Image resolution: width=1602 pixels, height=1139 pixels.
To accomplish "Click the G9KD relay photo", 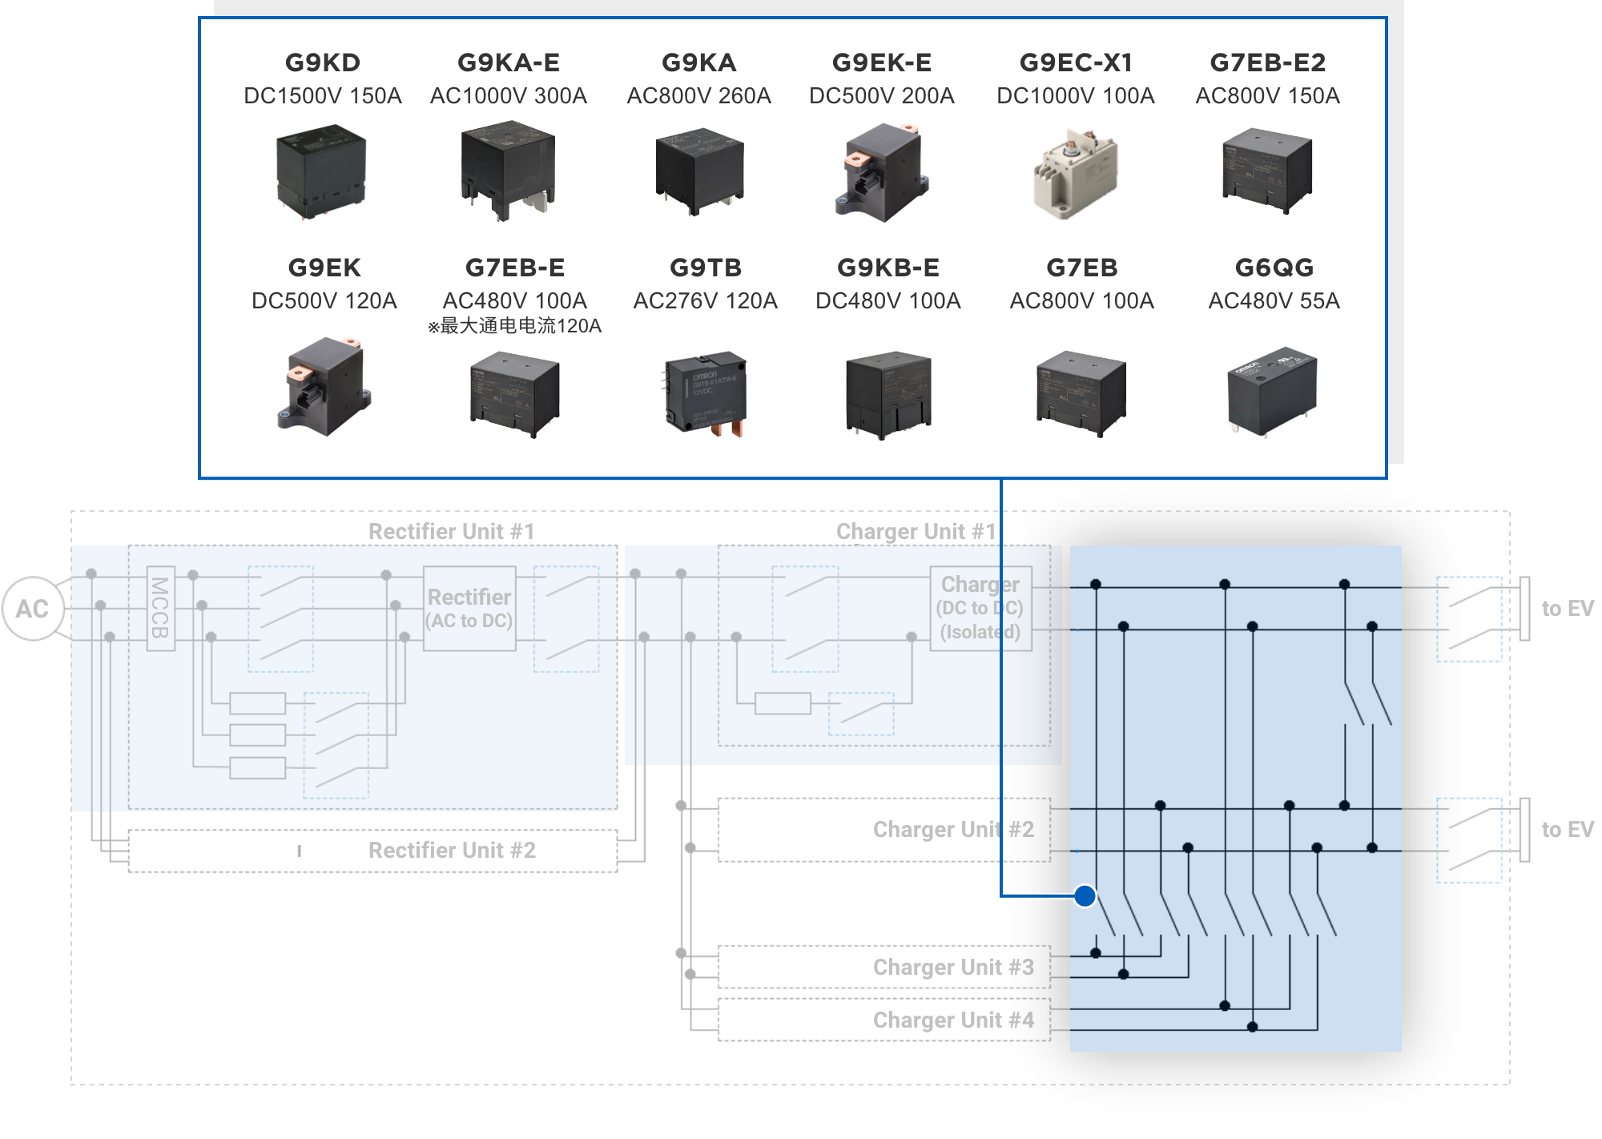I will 321,171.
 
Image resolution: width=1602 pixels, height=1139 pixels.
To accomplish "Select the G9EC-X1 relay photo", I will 1075,173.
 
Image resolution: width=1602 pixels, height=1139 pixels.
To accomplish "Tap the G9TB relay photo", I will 705,393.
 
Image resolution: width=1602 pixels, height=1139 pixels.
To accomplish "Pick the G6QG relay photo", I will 1272,391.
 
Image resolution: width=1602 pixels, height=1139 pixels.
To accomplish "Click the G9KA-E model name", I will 509,62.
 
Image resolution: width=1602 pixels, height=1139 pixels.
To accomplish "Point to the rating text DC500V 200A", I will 882,96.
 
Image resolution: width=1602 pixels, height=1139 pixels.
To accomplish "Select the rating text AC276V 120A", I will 705,301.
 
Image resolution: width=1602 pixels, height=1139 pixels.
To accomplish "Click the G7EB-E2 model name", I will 1268,62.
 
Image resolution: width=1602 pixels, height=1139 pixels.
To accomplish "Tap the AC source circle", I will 33,609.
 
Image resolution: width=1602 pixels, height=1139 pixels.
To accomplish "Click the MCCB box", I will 160,609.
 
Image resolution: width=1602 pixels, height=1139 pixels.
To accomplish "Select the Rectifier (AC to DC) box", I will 469,609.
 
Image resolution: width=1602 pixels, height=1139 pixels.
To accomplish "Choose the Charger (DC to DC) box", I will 980,609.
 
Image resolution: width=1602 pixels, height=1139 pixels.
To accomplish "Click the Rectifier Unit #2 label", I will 452,851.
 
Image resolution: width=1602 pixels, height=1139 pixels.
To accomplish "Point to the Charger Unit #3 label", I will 953,968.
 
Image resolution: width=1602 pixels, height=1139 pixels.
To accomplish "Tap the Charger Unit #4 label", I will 953,1020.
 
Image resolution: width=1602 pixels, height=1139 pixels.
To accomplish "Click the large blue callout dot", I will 1085,896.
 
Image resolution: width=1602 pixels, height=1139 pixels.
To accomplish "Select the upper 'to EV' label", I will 1568,609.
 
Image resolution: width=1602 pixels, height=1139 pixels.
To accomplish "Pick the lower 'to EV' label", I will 1568,830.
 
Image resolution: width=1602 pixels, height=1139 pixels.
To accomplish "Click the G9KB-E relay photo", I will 888,393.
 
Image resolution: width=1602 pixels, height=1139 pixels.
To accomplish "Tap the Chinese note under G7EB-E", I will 514,326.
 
